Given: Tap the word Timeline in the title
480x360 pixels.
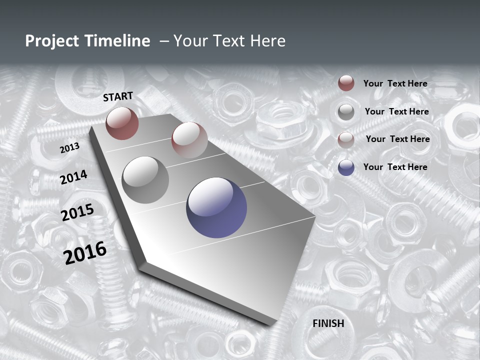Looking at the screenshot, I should (118, 41).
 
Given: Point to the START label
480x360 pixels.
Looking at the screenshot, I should (118, 96).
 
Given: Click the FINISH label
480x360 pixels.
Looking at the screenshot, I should (328, 323).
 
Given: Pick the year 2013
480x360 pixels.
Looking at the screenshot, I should (70, 148).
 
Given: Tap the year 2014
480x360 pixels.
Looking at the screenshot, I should (74, 177).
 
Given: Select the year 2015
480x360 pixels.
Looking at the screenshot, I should (77, 213).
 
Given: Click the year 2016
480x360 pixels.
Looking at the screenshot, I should (85, 252).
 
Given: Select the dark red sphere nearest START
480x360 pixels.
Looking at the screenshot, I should (122, 123).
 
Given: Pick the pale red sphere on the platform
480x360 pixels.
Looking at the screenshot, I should (189, 140).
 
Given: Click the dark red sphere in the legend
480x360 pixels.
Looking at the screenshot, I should (346, 83).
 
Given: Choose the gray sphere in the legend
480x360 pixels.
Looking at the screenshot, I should (346, 112).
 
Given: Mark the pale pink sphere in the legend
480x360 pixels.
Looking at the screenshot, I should (346, 140).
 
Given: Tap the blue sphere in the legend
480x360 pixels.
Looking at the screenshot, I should (346, 167).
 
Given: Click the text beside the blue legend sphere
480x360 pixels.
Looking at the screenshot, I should (395, 167).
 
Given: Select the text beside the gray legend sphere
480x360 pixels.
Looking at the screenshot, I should (397, 111).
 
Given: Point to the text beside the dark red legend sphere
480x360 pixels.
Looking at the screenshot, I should (395, 84).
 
